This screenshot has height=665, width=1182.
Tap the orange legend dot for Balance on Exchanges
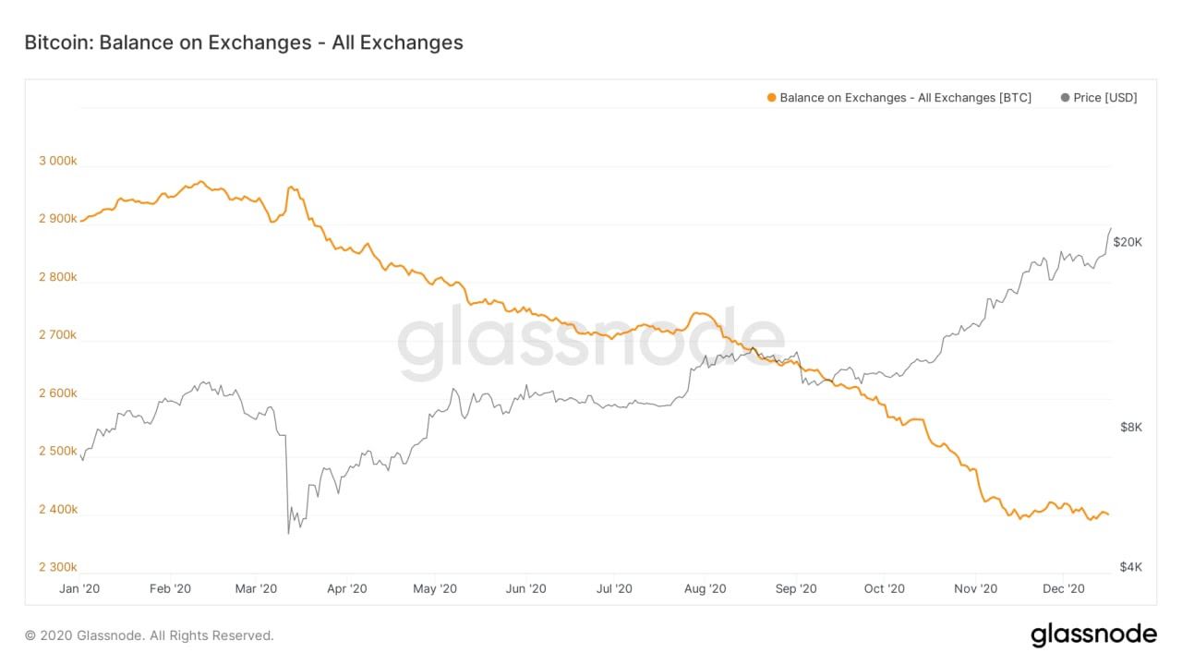(x=771, y=98)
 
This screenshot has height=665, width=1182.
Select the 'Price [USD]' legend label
(x=1105, y=98)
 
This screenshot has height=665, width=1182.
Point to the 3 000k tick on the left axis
(x=58, y=161)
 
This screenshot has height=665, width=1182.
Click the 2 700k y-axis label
(x=58, y=335)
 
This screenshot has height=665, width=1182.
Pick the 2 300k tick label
(x=58, y=567)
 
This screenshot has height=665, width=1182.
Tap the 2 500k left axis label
(x=58, y=452)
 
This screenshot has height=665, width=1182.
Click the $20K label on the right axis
(x=1128, y=242)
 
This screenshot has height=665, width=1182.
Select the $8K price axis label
(x=1131, y=428)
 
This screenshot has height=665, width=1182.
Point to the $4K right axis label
(x=1131, y=567)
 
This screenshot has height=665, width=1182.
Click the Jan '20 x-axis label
(x=80, y=588)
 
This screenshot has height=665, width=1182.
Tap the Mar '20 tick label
(x=256, y=588)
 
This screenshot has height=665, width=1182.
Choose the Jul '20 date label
(x=614, y=588)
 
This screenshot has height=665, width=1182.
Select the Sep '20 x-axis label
(x=796, y=588)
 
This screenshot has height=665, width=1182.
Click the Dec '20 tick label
(x=1064, y=588)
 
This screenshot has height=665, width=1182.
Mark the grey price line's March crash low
(x=288, y=533)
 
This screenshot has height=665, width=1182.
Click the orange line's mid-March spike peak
(x=291, y=187)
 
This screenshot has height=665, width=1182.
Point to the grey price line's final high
(x=1110, y=228)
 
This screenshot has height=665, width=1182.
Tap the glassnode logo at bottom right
(x=1093, y=635)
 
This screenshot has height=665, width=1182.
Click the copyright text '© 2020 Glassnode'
(x=149, y=635)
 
